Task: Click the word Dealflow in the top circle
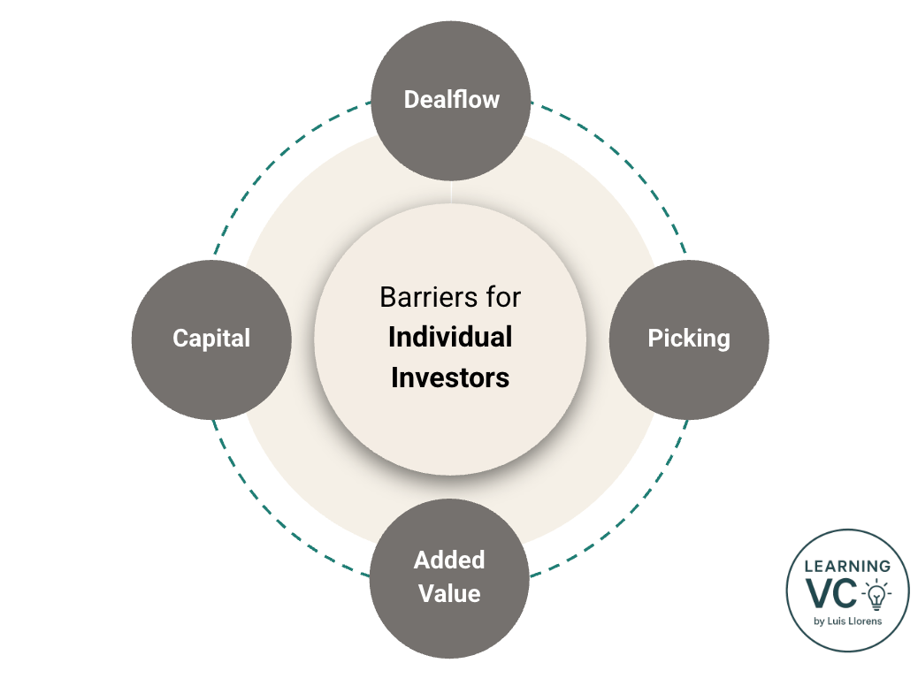tap(451, 99)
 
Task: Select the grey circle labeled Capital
tap(211, 339)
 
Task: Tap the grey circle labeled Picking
tap(689, 339)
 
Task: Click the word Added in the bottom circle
tap(449, 560)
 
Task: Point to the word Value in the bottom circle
tap(449, 593)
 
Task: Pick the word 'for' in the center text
tap(501, 297)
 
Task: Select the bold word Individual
tap(450, 337)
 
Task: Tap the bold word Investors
tap(450, 377)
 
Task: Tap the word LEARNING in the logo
tap(847, 567)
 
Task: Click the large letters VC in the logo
tap(831, 594)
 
